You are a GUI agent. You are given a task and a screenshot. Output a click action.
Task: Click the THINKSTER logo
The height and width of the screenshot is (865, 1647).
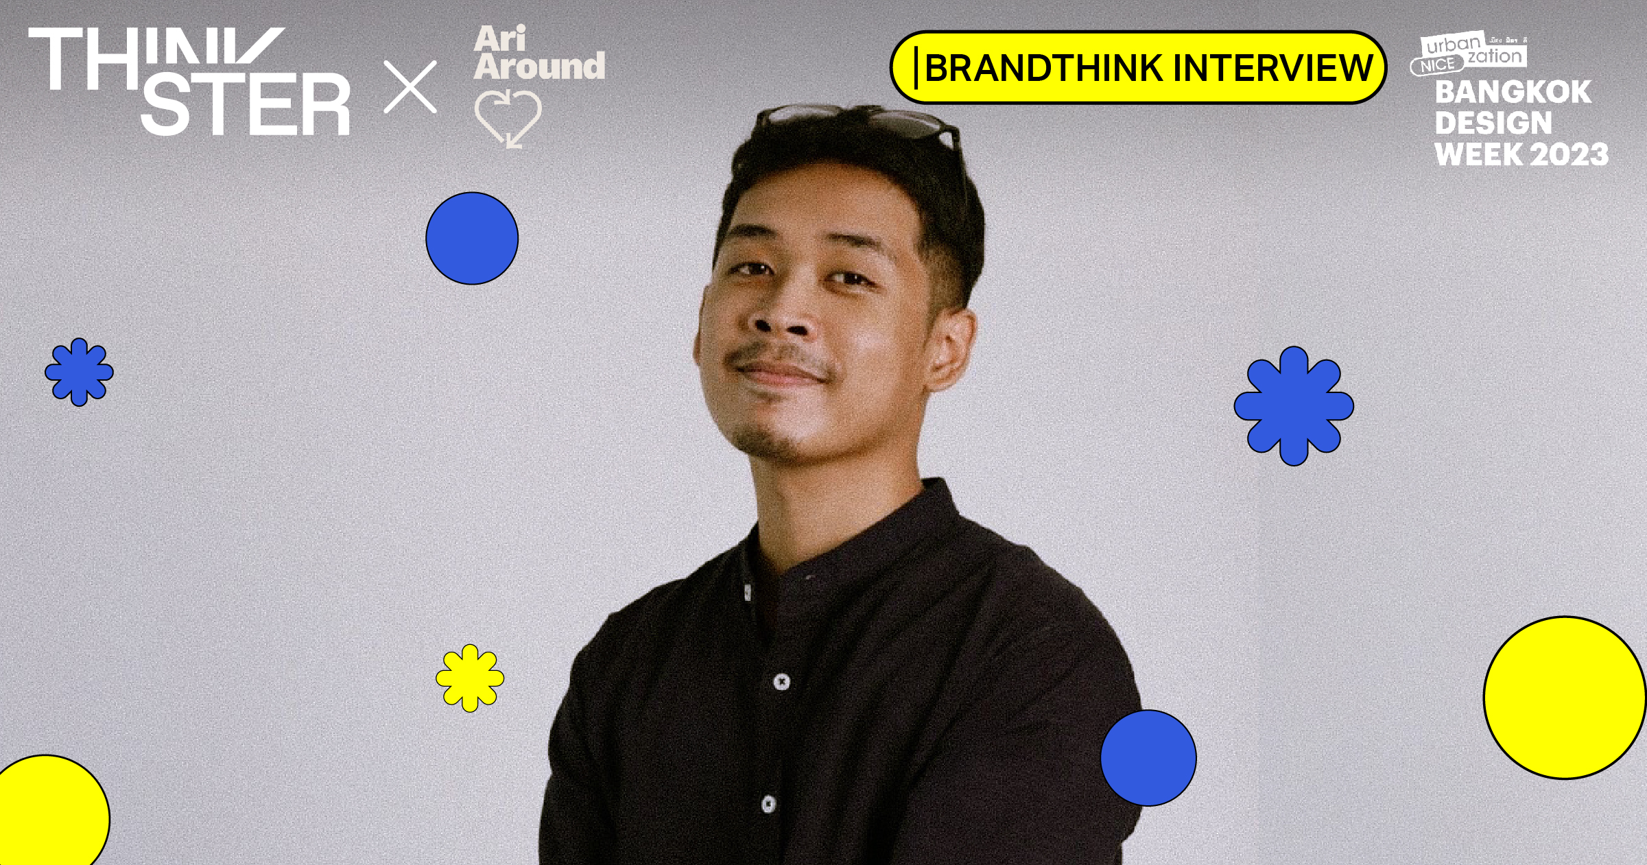[x=190, y=81]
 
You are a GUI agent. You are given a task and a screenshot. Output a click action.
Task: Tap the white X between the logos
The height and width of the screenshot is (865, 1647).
[x=410, y=87]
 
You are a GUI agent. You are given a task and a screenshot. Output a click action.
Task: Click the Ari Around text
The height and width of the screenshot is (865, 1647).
[x=538, y=54]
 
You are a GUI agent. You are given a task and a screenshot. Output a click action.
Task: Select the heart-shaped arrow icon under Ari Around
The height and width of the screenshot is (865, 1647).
[x=508, y=118]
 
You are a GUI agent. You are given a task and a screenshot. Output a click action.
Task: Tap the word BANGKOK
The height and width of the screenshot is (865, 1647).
[x=1513, y=93]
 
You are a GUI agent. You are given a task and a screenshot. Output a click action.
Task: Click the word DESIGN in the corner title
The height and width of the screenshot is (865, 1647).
[x=1493, y=123]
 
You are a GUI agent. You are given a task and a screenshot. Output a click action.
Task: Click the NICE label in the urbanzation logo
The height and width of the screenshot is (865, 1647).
[x=1437, y=66]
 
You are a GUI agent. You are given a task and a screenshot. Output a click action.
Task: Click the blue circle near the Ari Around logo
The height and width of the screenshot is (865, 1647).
[x=472, y=238]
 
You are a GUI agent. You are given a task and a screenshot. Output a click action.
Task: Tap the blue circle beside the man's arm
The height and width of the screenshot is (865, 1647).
[x=1148, y=757]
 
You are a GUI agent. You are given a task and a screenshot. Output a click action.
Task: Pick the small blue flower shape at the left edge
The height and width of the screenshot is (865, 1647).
[x=79, y=372]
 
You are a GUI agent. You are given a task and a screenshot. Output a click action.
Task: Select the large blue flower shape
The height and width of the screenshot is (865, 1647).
[x=1294, y=406]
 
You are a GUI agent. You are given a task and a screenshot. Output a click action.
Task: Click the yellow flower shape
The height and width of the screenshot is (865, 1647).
[x=470, y=678]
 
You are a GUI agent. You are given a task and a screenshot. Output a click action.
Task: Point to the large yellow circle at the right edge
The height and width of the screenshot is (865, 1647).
[x=1565, y=698]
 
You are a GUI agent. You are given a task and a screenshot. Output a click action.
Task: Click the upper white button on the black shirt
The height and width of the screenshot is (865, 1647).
[x=781, y=682]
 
